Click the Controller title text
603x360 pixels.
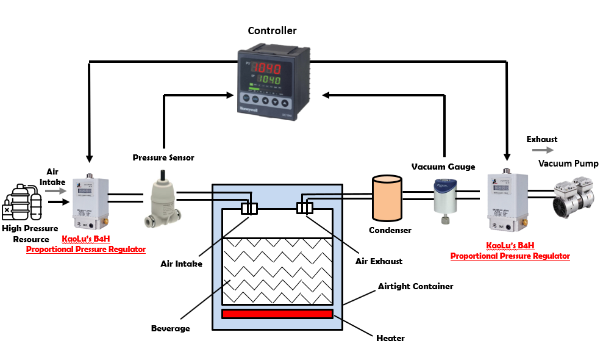pos(272,31)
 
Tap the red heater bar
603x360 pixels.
pos(277,314)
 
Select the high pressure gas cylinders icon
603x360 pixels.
pos(22,200)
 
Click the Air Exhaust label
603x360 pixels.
pos(379,261)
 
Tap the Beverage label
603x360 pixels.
pos(171,328)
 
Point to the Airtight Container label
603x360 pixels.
pos(415,286)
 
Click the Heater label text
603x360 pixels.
pos(391,338)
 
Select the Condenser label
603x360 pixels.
pos(390,230)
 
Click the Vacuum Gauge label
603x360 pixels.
pos(443,167)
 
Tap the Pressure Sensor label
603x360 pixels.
pos(163,157)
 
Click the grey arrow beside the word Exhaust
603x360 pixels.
pos(541,150)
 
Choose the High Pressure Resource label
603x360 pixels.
pos(30,234)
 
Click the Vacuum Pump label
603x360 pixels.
pos(568,164)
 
